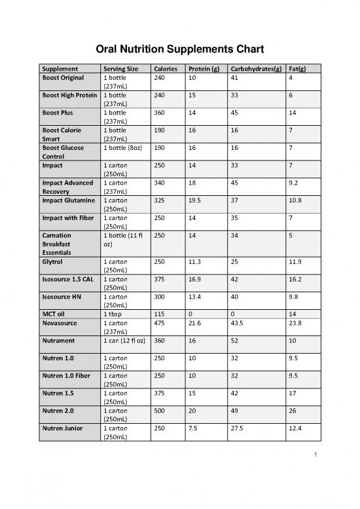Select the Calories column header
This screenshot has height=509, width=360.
[164, 69]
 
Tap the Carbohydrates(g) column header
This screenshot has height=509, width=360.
[251, 69]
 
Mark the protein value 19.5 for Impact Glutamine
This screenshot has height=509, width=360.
[196, 200]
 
